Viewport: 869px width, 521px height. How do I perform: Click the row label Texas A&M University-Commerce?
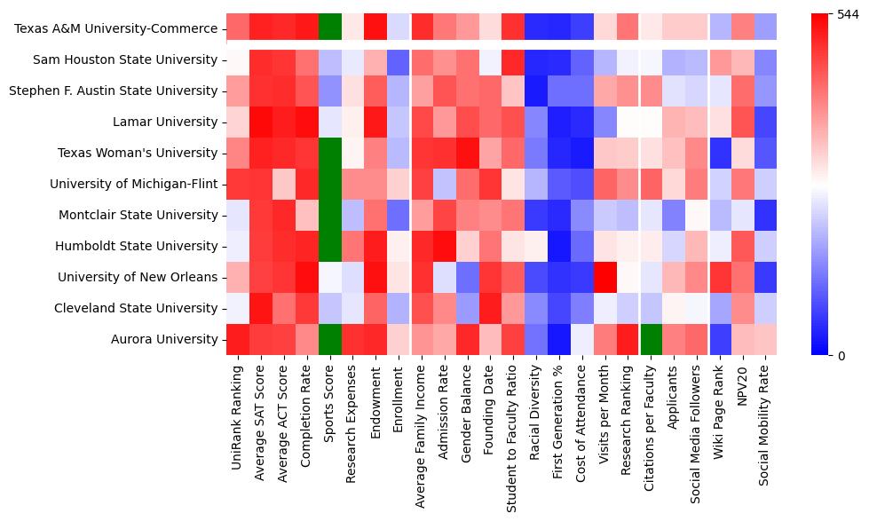pyautogui.click(x=116, y=28)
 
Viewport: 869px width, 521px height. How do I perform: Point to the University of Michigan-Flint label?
pyautogui.click(x=134, y=184)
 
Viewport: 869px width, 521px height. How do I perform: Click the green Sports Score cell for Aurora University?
pyautogui.click(x=330, y=339)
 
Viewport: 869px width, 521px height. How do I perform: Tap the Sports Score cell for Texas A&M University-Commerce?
pyautogui.click(x=330, y=28)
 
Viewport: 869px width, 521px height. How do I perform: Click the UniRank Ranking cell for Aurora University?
pyautogui.click(x=238, y=339)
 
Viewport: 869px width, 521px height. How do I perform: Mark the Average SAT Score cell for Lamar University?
pyautogui.click(x=261, y=122)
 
